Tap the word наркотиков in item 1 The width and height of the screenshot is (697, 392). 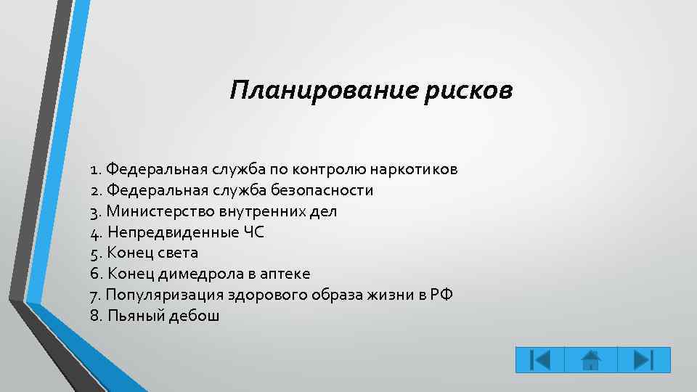pos(414,169)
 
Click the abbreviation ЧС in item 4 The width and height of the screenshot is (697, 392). pos(254,232)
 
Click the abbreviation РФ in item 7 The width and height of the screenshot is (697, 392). pos(443,295)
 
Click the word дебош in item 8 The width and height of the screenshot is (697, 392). pos(197,316)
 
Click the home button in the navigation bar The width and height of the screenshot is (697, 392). pos(592,360)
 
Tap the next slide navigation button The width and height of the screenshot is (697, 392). pos(643,360)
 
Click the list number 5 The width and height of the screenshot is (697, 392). pos(96,253)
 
